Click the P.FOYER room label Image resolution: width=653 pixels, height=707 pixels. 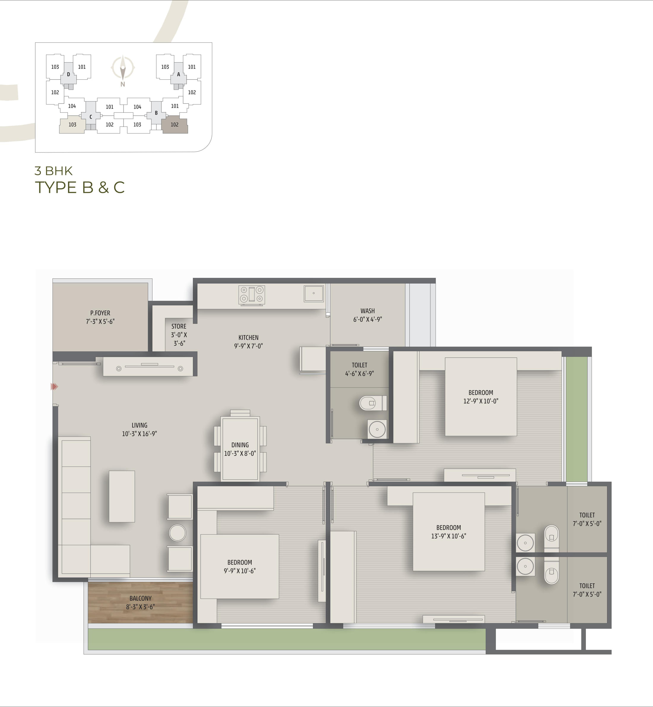(x=100, y=313)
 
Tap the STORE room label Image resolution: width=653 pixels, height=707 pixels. (x=179, y=326)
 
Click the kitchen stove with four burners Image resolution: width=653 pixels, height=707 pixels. (x=252, y=295)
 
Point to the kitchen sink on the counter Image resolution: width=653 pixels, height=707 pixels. (x=314, y=293)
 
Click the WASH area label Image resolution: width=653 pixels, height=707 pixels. (x=367, y=311)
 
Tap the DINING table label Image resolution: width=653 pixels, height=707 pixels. (x=240, y=445)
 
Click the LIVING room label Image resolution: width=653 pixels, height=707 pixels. (x=139, y=425)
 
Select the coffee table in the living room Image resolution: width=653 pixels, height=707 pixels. (x=122, y=496)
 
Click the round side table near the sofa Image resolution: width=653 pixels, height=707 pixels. (x=177, y=533)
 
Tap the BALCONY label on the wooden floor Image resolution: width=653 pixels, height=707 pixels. (x=140, y=598)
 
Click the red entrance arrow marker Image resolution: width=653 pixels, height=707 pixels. (x=54, y=387)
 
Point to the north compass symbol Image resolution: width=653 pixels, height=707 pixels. (x=123, y=68)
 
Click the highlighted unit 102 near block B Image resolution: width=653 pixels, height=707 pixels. (x=175, y=124)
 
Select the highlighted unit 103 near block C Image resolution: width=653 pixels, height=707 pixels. (x=72, y=125)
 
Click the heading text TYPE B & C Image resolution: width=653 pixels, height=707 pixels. (x=80, y=188)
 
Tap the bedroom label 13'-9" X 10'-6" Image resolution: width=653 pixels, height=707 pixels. (x=448, y=536)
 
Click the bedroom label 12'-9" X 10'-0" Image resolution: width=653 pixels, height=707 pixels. (x=481, y=401)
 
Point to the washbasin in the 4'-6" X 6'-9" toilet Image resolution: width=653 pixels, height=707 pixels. (x=377, y=429)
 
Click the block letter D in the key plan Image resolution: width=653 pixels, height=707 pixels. (x=69, y=74)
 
